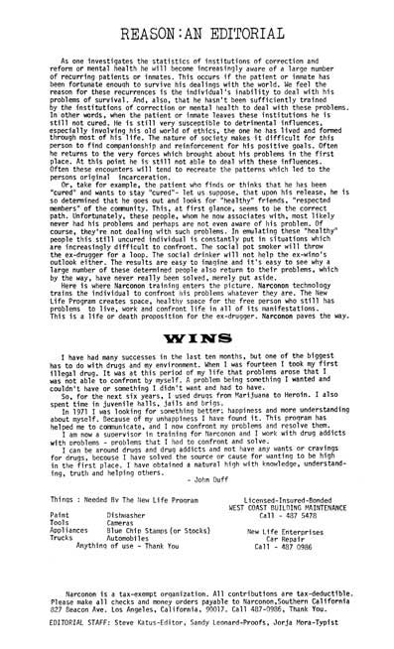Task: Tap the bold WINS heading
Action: pyautogui.click(x=198, y=337)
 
